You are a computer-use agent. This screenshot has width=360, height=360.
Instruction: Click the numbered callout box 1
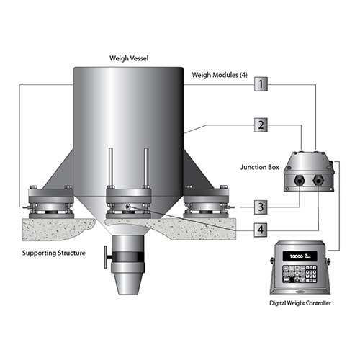261,84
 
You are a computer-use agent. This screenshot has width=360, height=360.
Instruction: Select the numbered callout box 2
261,125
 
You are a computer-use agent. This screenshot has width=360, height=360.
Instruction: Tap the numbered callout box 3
261,207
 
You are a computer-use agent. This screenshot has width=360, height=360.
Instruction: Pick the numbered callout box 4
261,230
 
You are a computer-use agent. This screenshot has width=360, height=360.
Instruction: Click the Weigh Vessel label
129,58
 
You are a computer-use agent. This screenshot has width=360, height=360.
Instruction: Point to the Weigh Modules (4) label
220,75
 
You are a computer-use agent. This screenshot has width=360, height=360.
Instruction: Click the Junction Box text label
260,167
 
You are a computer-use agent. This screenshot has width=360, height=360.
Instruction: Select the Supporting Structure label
54,253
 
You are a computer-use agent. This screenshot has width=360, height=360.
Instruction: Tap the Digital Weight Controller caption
300,303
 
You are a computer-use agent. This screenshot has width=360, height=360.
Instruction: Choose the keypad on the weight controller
300,274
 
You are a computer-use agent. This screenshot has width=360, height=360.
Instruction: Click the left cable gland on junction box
300,180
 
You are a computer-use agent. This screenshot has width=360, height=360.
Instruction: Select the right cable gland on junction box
318,180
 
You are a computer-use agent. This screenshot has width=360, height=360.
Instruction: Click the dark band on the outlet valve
128,257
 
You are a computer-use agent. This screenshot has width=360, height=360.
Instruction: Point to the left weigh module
51,202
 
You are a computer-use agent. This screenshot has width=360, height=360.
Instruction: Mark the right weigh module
206,202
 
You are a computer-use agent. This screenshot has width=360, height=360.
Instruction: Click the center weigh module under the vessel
129,202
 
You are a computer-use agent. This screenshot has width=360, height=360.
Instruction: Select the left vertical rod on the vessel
111,168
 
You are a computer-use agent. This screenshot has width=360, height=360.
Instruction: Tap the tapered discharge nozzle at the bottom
127,284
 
